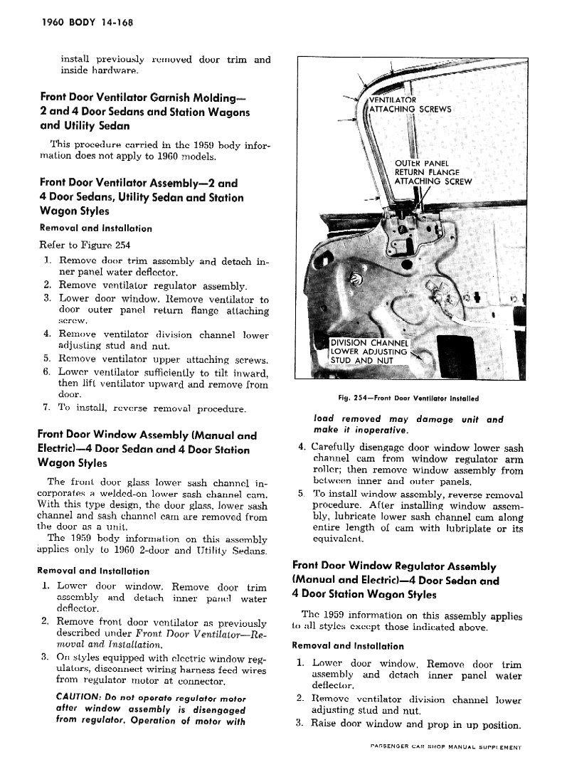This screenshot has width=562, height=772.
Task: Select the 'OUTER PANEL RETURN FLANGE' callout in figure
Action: tap(428, 167)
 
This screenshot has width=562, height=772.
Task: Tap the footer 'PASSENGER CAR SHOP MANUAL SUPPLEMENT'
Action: tap(446, 749)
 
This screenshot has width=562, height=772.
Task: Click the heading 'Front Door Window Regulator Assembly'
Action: tap(394, 566)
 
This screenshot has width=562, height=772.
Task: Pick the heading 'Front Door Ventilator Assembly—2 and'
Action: tap(139, 183)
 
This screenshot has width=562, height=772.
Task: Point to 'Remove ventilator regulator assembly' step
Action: tap(153, 287)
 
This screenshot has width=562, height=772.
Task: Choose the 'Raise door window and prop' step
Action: tap(417, 725)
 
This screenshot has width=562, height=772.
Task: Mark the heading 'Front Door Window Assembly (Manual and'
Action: tap(147, 435)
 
